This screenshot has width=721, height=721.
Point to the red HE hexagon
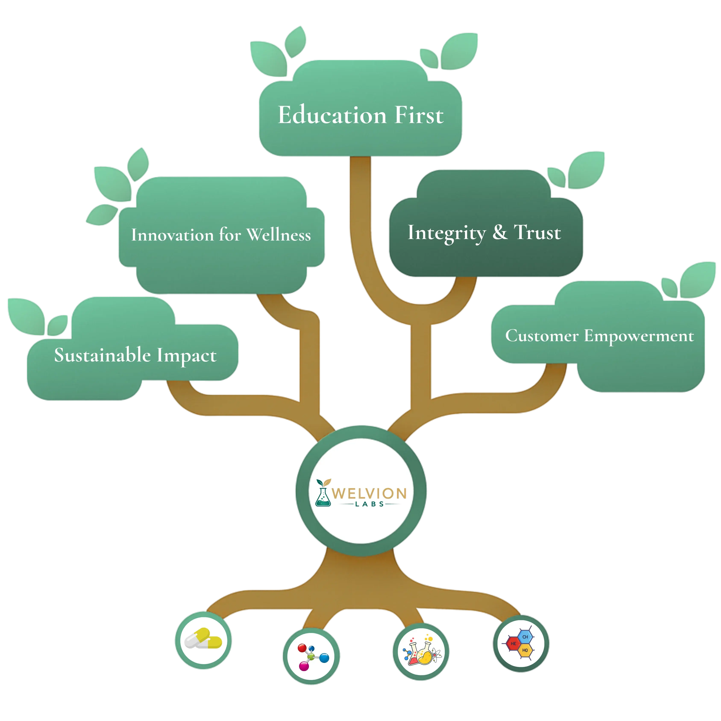tap(514, 643)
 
